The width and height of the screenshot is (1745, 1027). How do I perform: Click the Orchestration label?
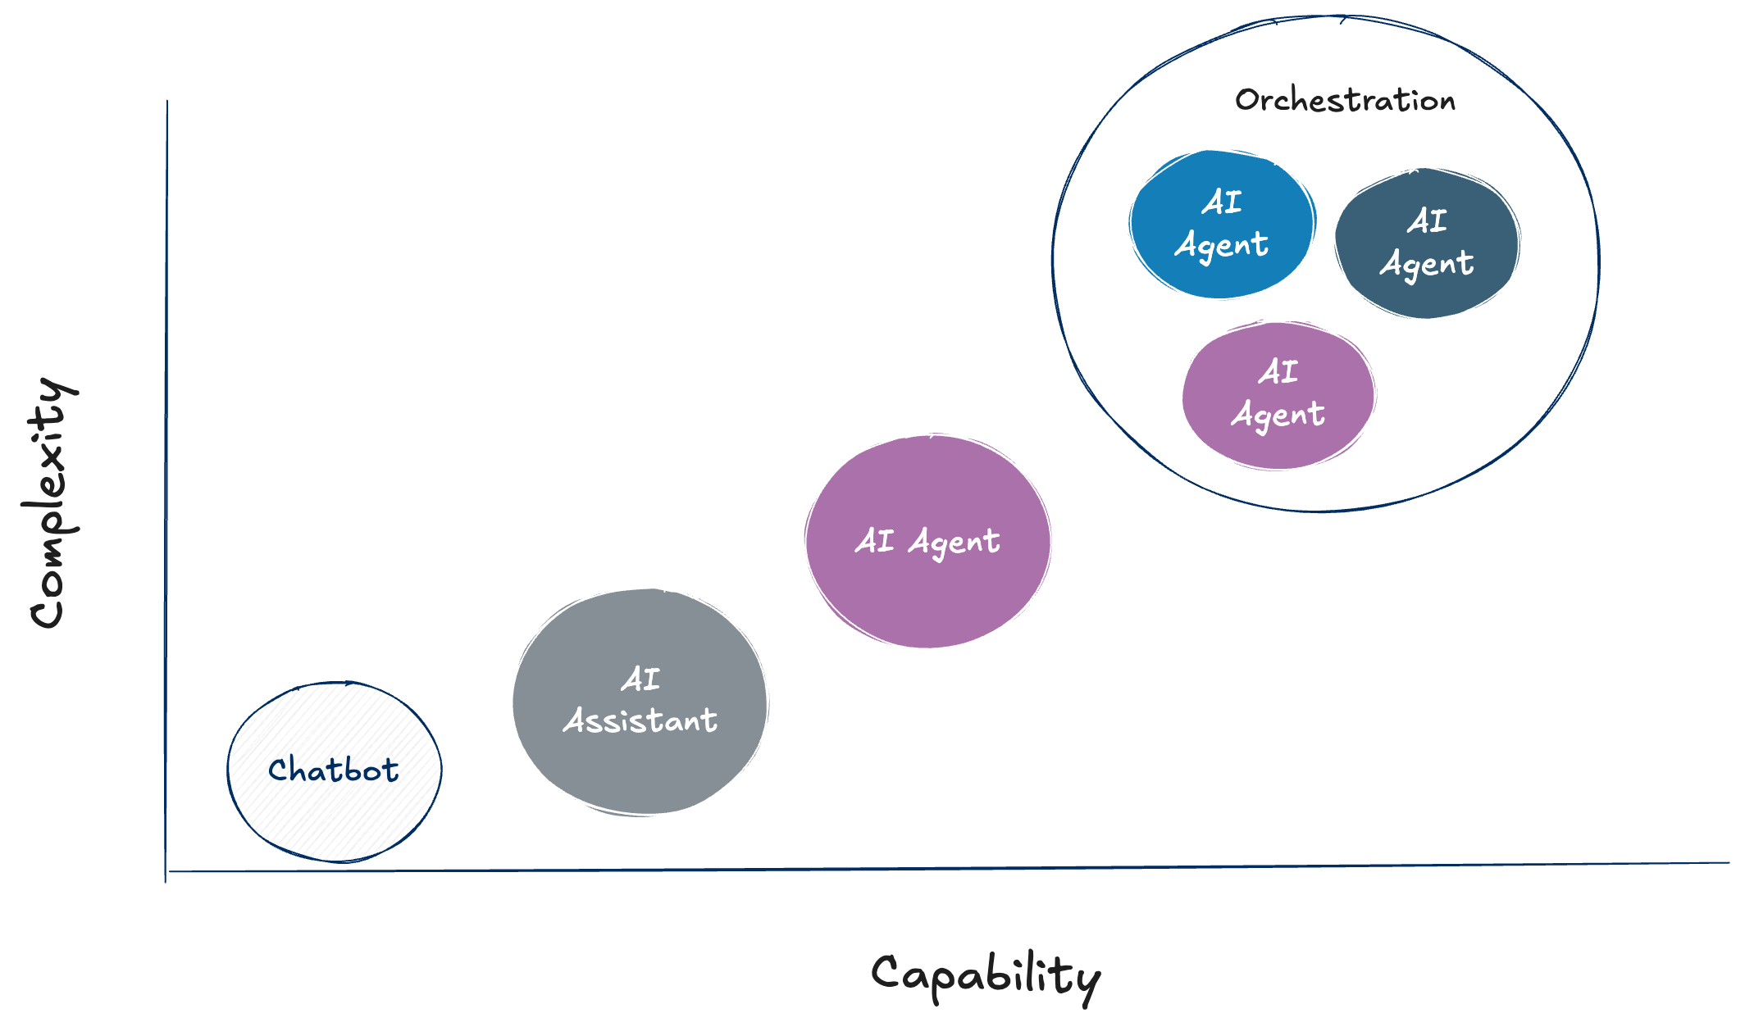(1345, 100)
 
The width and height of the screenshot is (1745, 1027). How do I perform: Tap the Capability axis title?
(986, 976)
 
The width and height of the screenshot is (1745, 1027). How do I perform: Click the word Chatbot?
(334, 770)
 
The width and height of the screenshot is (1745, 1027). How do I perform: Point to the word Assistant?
(640, 720)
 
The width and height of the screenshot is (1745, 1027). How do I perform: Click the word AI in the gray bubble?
(640, 679)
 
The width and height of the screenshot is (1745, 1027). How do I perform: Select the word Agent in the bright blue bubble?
(1222, 245)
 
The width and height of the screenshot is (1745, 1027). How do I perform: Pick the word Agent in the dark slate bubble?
(1427, 264)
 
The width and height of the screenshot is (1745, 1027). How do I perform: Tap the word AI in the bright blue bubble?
(1222, 202)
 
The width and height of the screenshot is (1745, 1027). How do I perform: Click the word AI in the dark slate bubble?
(1428, 220)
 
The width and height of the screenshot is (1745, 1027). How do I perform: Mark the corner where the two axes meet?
(166, 870)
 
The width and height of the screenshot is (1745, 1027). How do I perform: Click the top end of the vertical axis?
(167, 102)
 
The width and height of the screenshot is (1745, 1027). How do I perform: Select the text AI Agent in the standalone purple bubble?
(927, 541)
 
